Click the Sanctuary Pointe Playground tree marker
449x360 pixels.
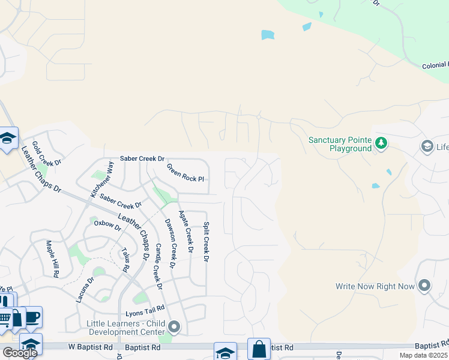(x=381, y=143)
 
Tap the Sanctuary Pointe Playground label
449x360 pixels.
(x=340, y=144)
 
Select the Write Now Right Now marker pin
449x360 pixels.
(x=425, y=286)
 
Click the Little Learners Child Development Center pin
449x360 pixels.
(x=174, y=327)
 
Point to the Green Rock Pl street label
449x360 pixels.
(x=185, y=173)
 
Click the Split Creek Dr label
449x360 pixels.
(x=206, y=242)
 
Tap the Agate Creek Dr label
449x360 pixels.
(x=187, y=231)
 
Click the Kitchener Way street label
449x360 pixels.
(x=101, y=179)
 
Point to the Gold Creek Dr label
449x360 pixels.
(x=47, y=154)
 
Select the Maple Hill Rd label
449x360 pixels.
(x=52, y=259)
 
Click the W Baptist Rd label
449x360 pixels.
(x=90, y=347)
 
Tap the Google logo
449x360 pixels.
(x=20, y=353)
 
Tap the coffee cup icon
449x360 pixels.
(x=32, y=317)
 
